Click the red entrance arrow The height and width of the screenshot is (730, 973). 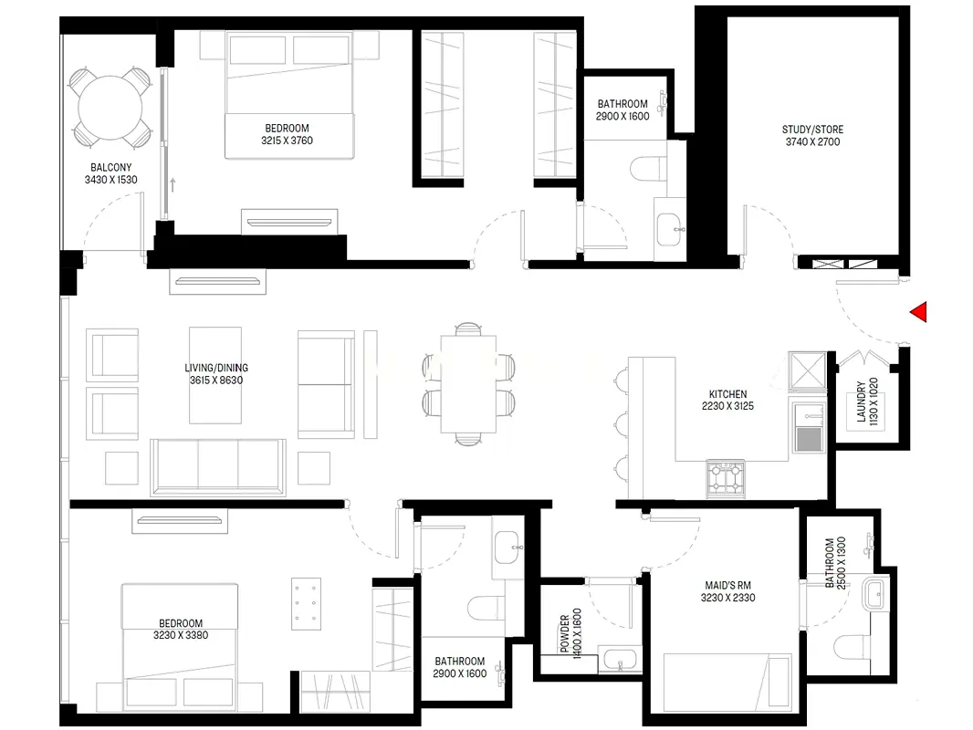click(920, 312)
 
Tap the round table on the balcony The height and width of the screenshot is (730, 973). click(110, 109)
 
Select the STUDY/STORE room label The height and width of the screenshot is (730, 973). click(812, 130)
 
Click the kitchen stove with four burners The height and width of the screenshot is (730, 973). click(726, 478)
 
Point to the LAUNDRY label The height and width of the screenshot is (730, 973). click(862, 401)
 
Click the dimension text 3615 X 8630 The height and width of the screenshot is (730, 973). click(216, 381)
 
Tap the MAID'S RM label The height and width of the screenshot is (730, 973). click(727, 585)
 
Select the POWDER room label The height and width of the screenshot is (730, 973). click(565, 633)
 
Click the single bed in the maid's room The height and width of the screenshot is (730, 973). click(727, 683)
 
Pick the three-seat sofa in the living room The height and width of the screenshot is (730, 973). click(218, 467)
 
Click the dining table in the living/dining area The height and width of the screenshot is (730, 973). click(468, 384)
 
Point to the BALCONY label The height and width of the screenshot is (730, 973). click(111, 168)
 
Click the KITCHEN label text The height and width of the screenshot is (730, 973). click(727, 394)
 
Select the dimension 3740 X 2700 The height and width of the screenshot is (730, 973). click(812, 142)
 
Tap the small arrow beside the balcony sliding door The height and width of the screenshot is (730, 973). click(173, 184)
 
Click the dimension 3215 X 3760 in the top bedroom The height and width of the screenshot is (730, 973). click(287, 141)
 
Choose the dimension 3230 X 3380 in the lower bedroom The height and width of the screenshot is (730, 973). click(181, 635)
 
